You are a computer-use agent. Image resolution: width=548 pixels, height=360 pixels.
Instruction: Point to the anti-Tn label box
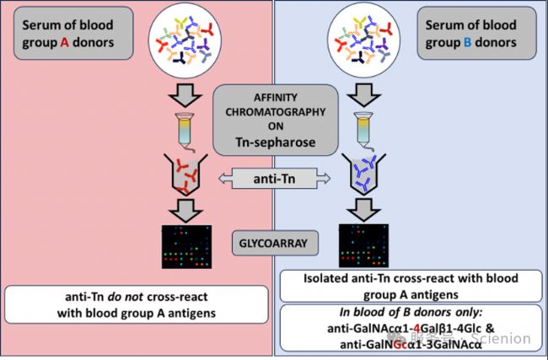coord(271,178)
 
